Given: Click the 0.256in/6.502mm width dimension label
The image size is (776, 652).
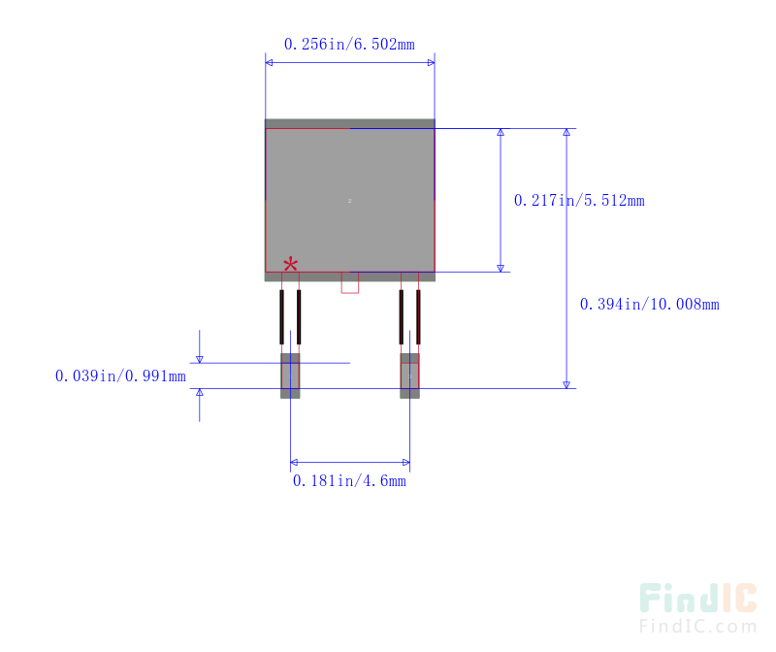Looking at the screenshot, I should click(x=349, y=44).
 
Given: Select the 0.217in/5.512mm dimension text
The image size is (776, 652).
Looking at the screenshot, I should click(x=579, y=201).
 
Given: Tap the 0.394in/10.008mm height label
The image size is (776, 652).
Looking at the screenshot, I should click(x=649, y=304).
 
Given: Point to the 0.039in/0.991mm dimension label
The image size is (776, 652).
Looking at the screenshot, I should click(x=120, y=375).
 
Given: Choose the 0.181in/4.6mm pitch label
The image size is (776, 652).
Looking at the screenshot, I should click(x=349, y=480).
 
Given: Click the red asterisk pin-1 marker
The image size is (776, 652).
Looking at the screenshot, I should click(x=290, y=264).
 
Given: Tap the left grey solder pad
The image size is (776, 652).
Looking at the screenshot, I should click(x=290, y=375).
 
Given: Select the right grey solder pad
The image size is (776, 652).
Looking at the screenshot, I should click(x=409, y=375).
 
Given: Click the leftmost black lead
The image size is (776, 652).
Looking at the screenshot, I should click(x=281, y=316).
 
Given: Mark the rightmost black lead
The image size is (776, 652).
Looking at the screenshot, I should click(x=418, y=316).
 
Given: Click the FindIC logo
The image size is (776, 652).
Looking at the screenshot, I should click(x=697, y=598).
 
